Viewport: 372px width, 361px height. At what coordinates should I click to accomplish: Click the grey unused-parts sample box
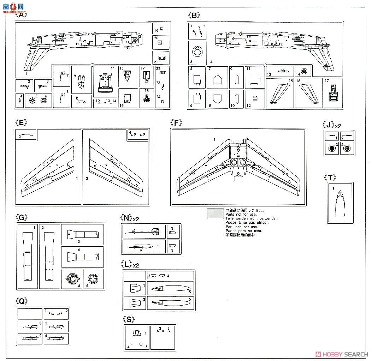coord(215,214)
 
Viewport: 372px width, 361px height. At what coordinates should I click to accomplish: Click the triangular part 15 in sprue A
coord(127,76)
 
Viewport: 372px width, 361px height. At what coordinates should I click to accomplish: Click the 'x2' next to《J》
coord(338,126)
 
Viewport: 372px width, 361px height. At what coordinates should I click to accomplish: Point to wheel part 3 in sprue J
coord(332,148)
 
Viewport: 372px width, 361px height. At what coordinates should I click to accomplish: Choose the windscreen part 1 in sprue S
coord(136,333)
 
